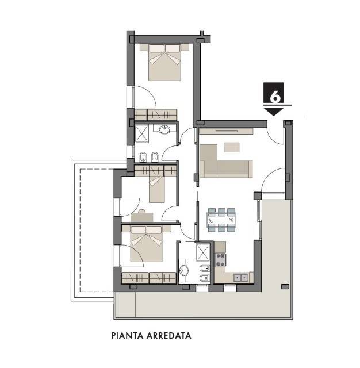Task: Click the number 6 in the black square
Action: (x=275, y=97)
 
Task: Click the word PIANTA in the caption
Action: (x=128, y=336)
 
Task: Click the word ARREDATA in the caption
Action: (x=168, y=336)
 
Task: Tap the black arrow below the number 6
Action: (x=273, y=112)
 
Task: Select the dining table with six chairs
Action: (x=221, y=220)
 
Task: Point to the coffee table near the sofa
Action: (x=232, y=147)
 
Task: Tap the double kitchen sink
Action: (x=241, y=278)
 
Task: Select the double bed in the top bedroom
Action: (x=164, y=62)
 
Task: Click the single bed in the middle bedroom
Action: (x=157, y=186)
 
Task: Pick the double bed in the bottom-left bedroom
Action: (x=147, y=244)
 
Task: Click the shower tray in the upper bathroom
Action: (x=141, y=134)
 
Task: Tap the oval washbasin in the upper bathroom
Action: (x=164, y=129)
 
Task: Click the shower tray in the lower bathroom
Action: (x=203, y=252)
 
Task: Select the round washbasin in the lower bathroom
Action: (x=184, y=270)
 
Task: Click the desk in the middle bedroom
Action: (x=142, y=217)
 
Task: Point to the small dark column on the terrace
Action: (x=285, y=286)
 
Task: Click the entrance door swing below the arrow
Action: (x=276, y=136)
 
